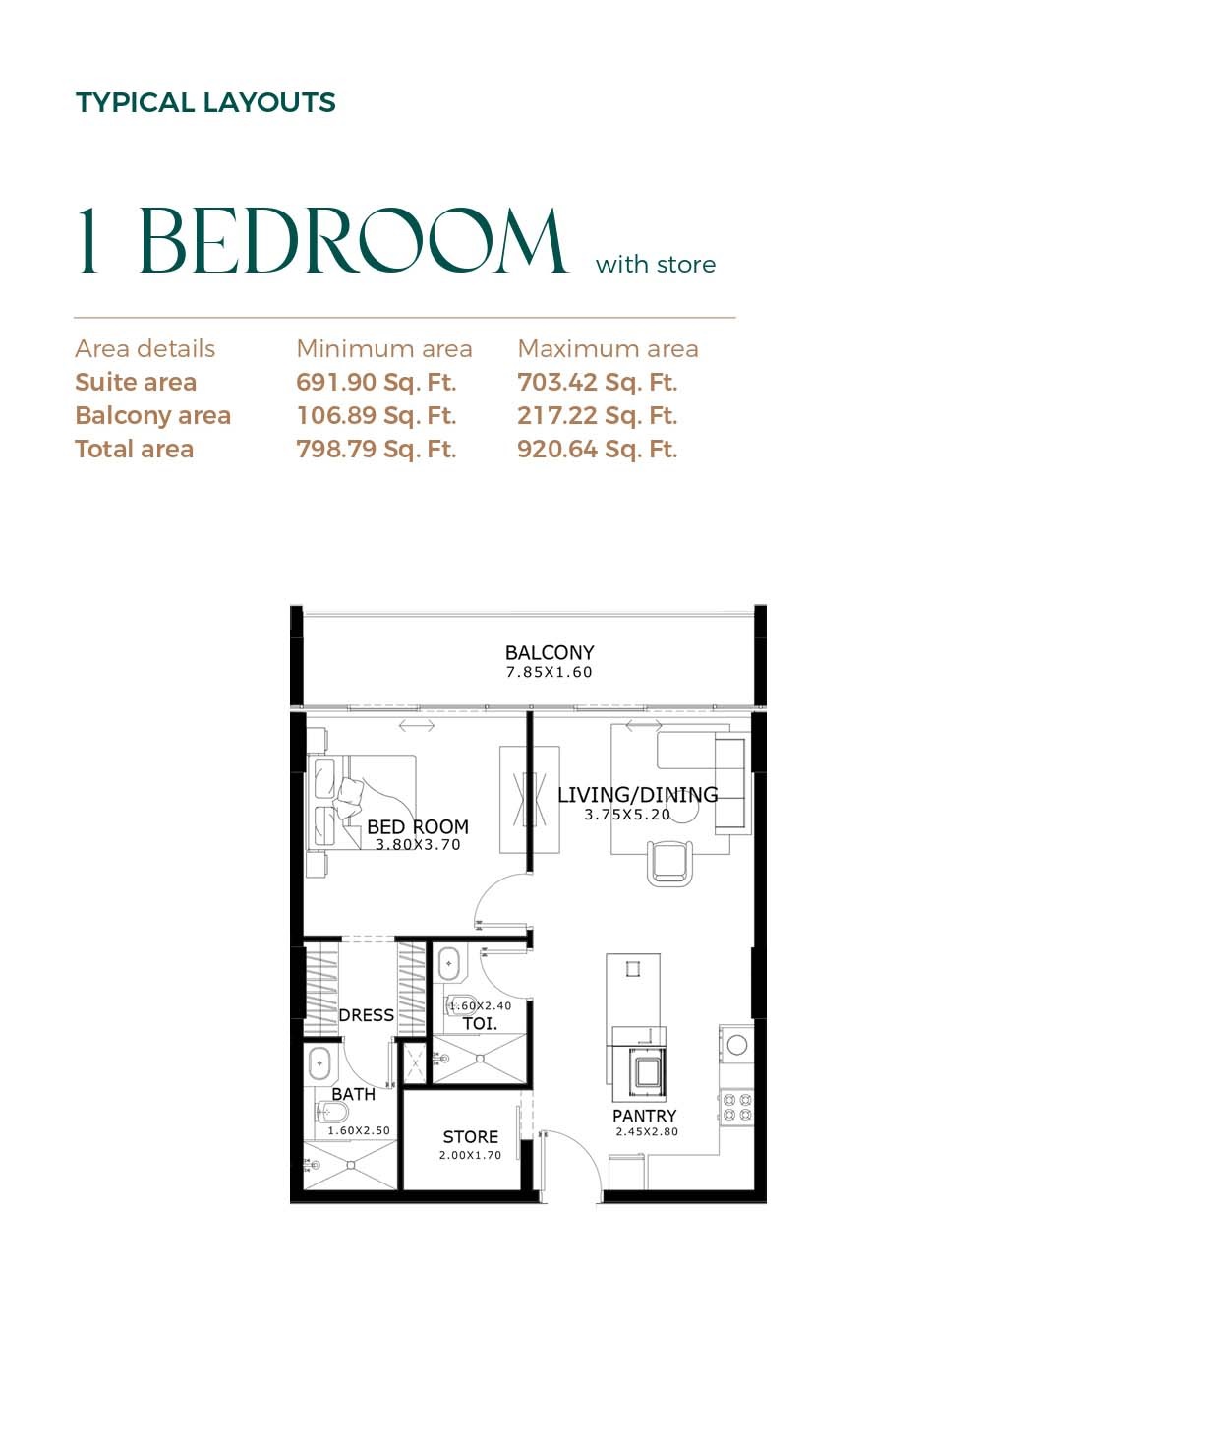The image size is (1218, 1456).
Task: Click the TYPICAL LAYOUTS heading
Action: point(205,102)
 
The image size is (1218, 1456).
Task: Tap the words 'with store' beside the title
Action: point(655,264)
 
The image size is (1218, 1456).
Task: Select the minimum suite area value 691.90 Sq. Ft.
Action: point(376,382)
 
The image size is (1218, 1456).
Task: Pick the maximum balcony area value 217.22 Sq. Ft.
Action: point(597,415)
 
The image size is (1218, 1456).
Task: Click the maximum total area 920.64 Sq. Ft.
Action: point(597,449)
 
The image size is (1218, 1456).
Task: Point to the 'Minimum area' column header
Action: point(383,348)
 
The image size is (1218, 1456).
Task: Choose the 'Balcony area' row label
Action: point(152,415)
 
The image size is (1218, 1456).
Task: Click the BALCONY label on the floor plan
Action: point(549,652)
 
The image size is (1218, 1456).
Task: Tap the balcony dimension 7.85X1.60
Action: point(549,673)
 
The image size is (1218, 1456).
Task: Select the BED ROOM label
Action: point(417,826)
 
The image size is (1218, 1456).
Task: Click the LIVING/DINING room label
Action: point(637,794)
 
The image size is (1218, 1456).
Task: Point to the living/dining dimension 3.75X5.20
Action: point(626,815)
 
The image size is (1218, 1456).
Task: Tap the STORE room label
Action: point(470,1136)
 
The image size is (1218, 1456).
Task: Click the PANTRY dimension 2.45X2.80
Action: point(646,1132)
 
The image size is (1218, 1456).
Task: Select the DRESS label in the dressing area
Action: point(366,1015)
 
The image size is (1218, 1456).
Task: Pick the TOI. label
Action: point(480,1023)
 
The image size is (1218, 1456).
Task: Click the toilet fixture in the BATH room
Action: point(331,1113)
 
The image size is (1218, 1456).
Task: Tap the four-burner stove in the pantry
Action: point(737,1107)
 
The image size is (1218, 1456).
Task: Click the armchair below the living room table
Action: point(669,864)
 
